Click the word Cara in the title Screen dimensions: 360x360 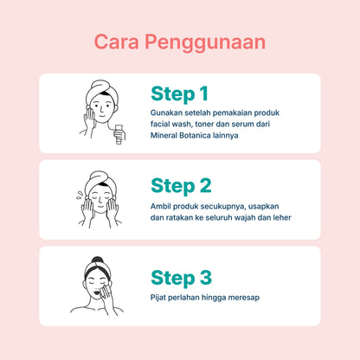click(117, 42)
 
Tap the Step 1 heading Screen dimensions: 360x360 click(179, 94)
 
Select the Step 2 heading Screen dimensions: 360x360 click(181, 185)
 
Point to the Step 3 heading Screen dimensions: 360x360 click(182, 278)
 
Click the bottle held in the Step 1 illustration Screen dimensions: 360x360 click(119, 134)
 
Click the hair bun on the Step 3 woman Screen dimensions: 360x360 click(98, 260)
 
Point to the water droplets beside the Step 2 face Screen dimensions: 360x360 click(80, 195)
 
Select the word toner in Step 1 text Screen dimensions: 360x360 click(204, 124)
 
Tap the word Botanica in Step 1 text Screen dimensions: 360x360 click(195, 135)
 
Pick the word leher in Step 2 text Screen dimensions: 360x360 click(282, 217)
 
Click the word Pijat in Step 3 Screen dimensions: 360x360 click(157, 298)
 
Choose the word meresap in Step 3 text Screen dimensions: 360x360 click(244, 298)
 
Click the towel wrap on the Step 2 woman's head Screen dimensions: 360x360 click(100, 181)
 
